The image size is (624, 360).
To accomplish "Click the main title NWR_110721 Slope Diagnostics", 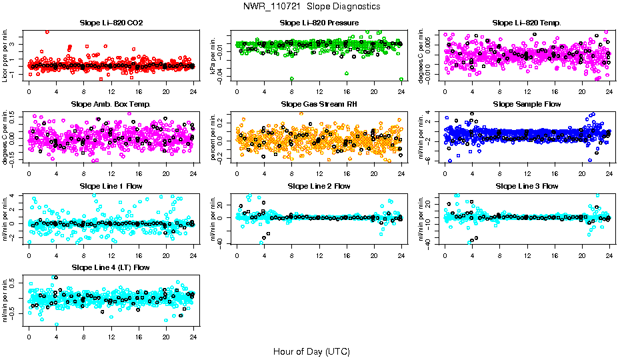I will (312, 7).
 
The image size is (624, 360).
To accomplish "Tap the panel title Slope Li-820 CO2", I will (111, 23).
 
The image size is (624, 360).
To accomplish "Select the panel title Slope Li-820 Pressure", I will (319, 23).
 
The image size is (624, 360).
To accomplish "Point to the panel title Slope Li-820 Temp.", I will (527, 23).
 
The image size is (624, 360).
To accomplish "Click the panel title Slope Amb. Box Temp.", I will (111, 105).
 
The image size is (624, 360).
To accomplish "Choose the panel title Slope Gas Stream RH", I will (319, 105).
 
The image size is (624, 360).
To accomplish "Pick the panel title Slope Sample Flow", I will (527, 105).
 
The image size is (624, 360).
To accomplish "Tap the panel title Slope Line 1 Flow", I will (111, 186).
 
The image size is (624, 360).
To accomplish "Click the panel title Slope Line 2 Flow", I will (319, 186).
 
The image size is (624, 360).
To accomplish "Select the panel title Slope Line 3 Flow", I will (527, 186).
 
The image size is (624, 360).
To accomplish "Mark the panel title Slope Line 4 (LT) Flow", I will (111, 268).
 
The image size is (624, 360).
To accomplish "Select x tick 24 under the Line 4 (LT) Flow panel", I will (193, 335).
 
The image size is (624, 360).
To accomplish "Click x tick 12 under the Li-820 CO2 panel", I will (111, 91).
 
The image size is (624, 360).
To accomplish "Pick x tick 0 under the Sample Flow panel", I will (445, 173).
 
